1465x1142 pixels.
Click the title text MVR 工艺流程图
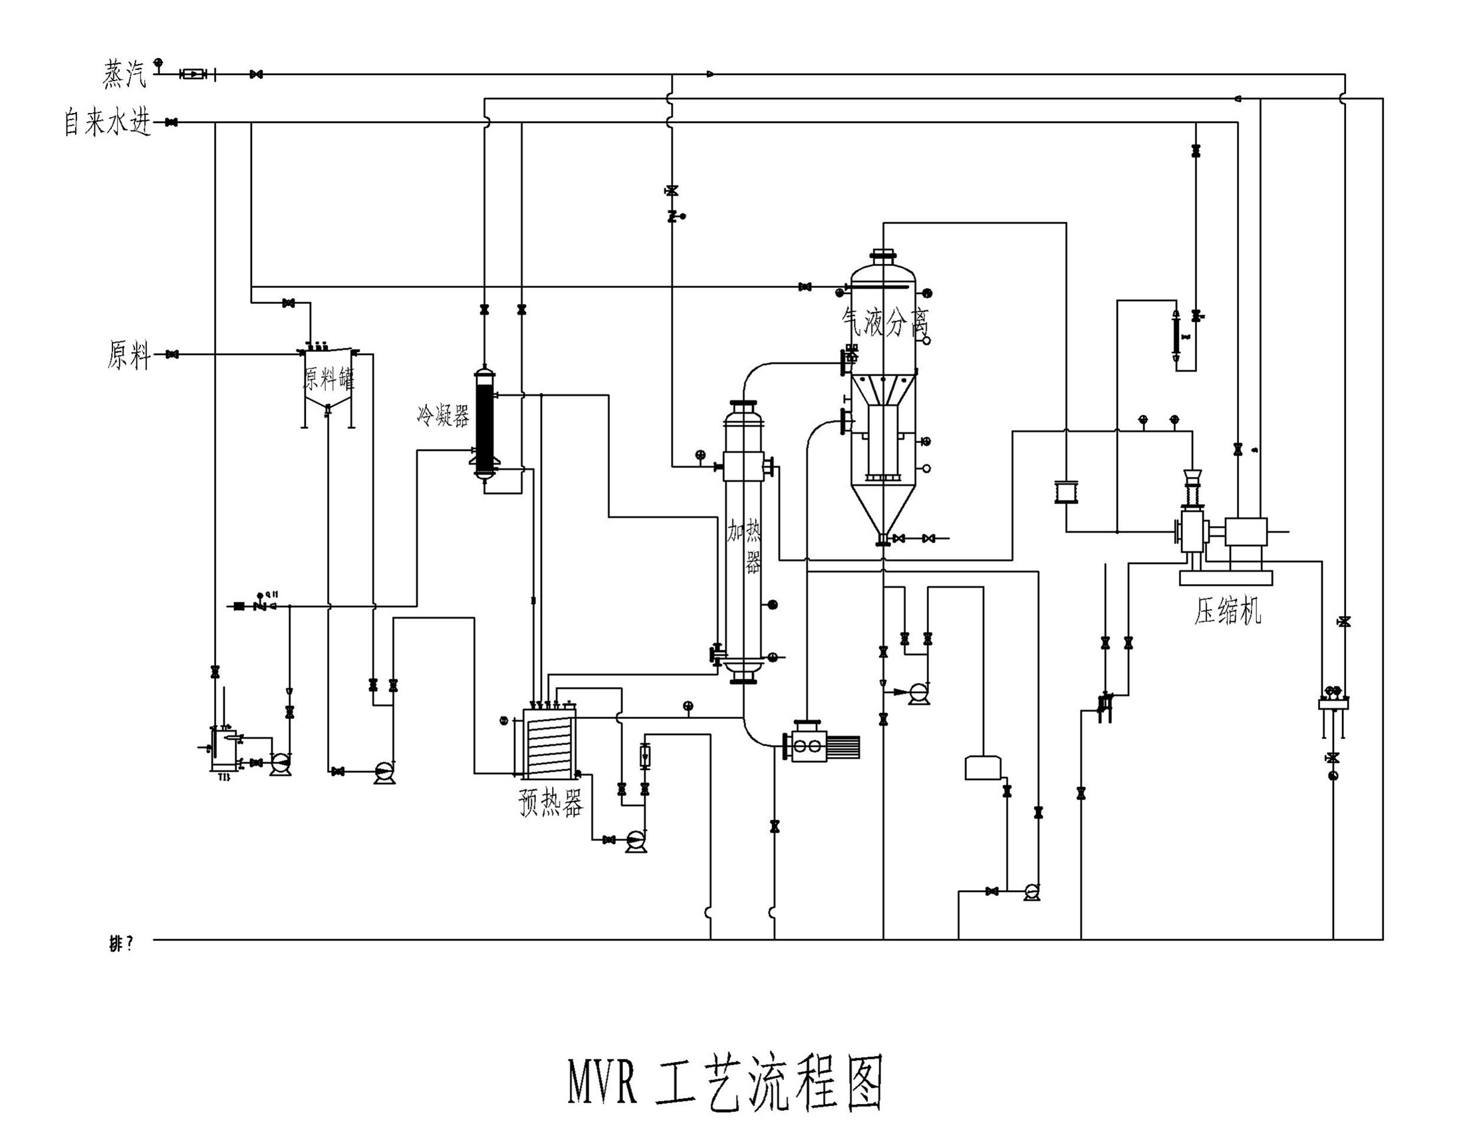coord(725,1081)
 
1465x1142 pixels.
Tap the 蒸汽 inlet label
coord(125,74)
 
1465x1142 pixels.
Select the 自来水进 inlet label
coord(107,123)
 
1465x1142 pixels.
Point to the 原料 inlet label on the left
coord(129,355)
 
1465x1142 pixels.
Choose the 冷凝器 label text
coord(443,416)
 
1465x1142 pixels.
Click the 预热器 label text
coord(551,803)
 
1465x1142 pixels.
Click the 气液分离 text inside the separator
coord(884,323)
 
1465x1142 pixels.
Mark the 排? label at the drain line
coord(122,944)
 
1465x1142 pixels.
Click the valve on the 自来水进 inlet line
coord(172,123)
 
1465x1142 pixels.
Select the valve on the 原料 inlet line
coord(172,355)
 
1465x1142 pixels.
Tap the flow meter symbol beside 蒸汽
coord(192,74)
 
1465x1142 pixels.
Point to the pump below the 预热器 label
coord(635,839)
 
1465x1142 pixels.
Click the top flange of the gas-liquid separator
coord(883,255)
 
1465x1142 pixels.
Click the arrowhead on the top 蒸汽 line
coord(710,74)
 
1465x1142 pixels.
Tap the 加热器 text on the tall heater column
coord(745,547)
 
